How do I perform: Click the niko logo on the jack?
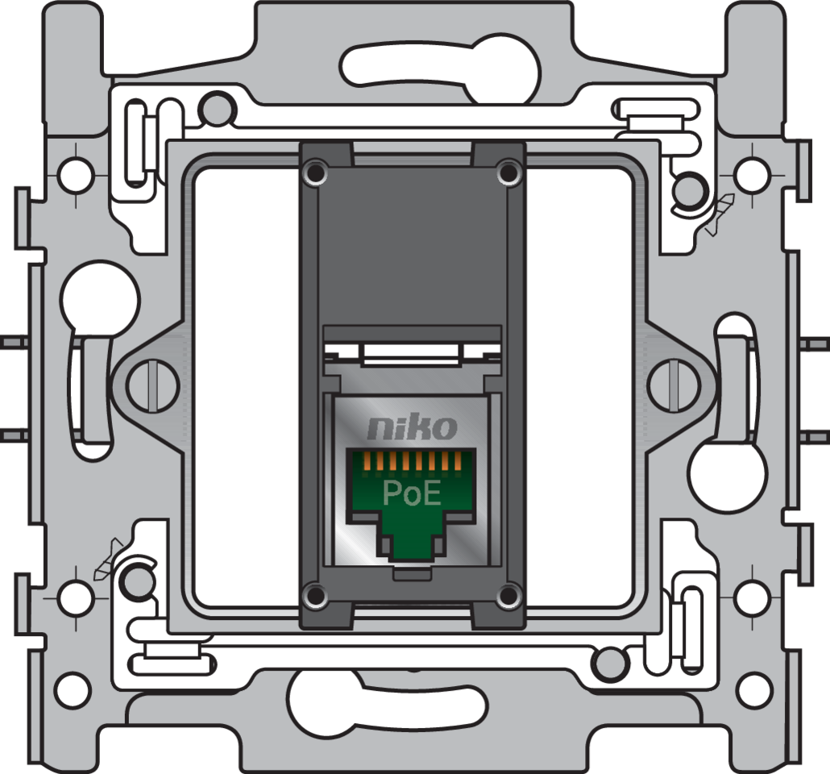[x=412, y=428]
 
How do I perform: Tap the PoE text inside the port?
[x=412, y=493]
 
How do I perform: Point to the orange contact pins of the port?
[x=410, y=461]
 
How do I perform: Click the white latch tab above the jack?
[x=411, y=352]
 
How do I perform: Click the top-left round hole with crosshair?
[x=75, y=172]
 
